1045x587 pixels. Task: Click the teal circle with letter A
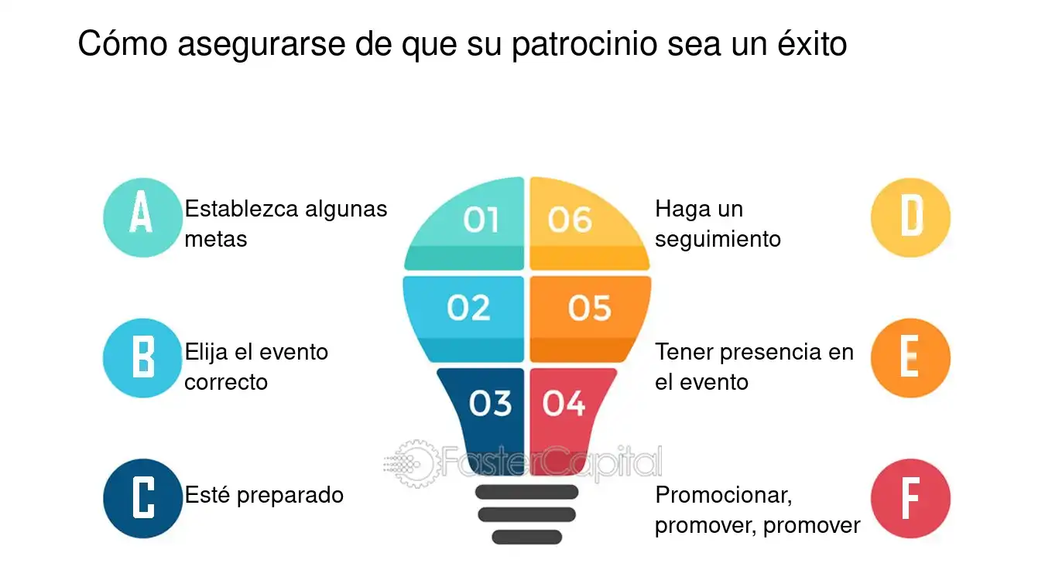pos(142,217)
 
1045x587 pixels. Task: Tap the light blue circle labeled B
pos(142,358)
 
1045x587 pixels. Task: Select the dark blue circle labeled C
pos(142,498)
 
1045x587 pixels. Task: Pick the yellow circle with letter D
pos(910,217)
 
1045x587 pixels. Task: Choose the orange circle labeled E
pos(910,358)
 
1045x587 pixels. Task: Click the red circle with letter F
pos(910,498)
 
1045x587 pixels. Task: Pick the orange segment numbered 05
pos(589,319)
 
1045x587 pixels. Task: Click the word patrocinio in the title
pos(584,45)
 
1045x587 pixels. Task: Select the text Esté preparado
pos(264,496)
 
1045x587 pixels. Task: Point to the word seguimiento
pos(718,240)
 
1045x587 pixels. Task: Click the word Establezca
pos(242,208)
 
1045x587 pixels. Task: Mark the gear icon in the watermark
pos(416,463)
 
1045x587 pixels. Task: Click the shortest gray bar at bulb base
pos(526,537)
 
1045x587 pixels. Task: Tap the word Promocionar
pos(724,496)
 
